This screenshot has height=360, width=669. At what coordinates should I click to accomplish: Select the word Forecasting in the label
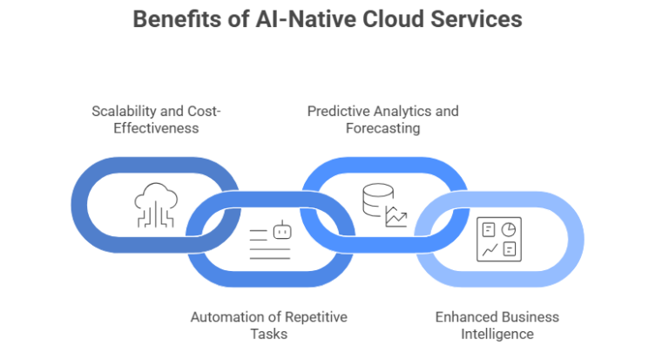pos(382,128)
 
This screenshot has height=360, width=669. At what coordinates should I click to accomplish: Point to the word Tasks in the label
pos(269,334)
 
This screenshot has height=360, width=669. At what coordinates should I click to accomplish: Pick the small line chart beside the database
pos(396,216)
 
